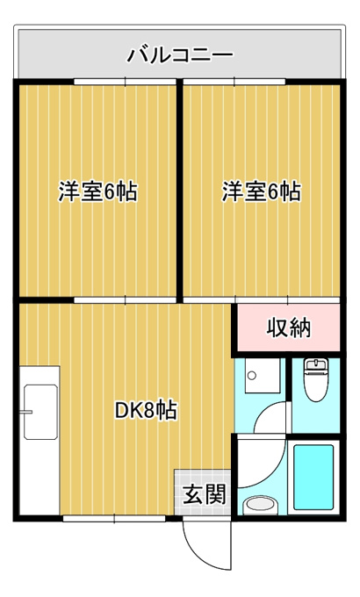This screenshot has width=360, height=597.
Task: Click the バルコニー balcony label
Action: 180,55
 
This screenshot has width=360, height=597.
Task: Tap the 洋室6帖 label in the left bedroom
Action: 97,191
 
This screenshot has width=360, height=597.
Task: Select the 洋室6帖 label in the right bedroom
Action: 262,191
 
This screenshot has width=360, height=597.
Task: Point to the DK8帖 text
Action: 146,410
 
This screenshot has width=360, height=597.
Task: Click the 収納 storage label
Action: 288,327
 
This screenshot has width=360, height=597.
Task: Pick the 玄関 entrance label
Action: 205,493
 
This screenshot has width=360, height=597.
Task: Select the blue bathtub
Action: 313,477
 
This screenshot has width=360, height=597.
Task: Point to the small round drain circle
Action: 251,376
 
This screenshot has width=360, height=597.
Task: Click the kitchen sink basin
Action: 40,412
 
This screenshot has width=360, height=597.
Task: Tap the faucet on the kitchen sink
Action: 28,412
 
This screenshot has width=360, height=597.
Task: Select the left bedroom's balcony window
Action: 125,82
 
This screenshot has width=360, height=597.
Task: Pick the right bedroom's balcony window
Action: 234,82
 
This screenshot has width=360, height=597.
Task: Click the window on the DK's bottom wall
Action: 114,518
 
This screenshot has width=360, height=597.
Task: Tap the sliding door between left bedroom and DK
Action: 125,300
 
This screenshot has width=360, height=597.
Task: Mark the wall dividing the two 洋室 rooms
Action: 179,191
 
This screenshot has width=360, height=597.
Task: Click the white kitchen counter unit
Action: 40,441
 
